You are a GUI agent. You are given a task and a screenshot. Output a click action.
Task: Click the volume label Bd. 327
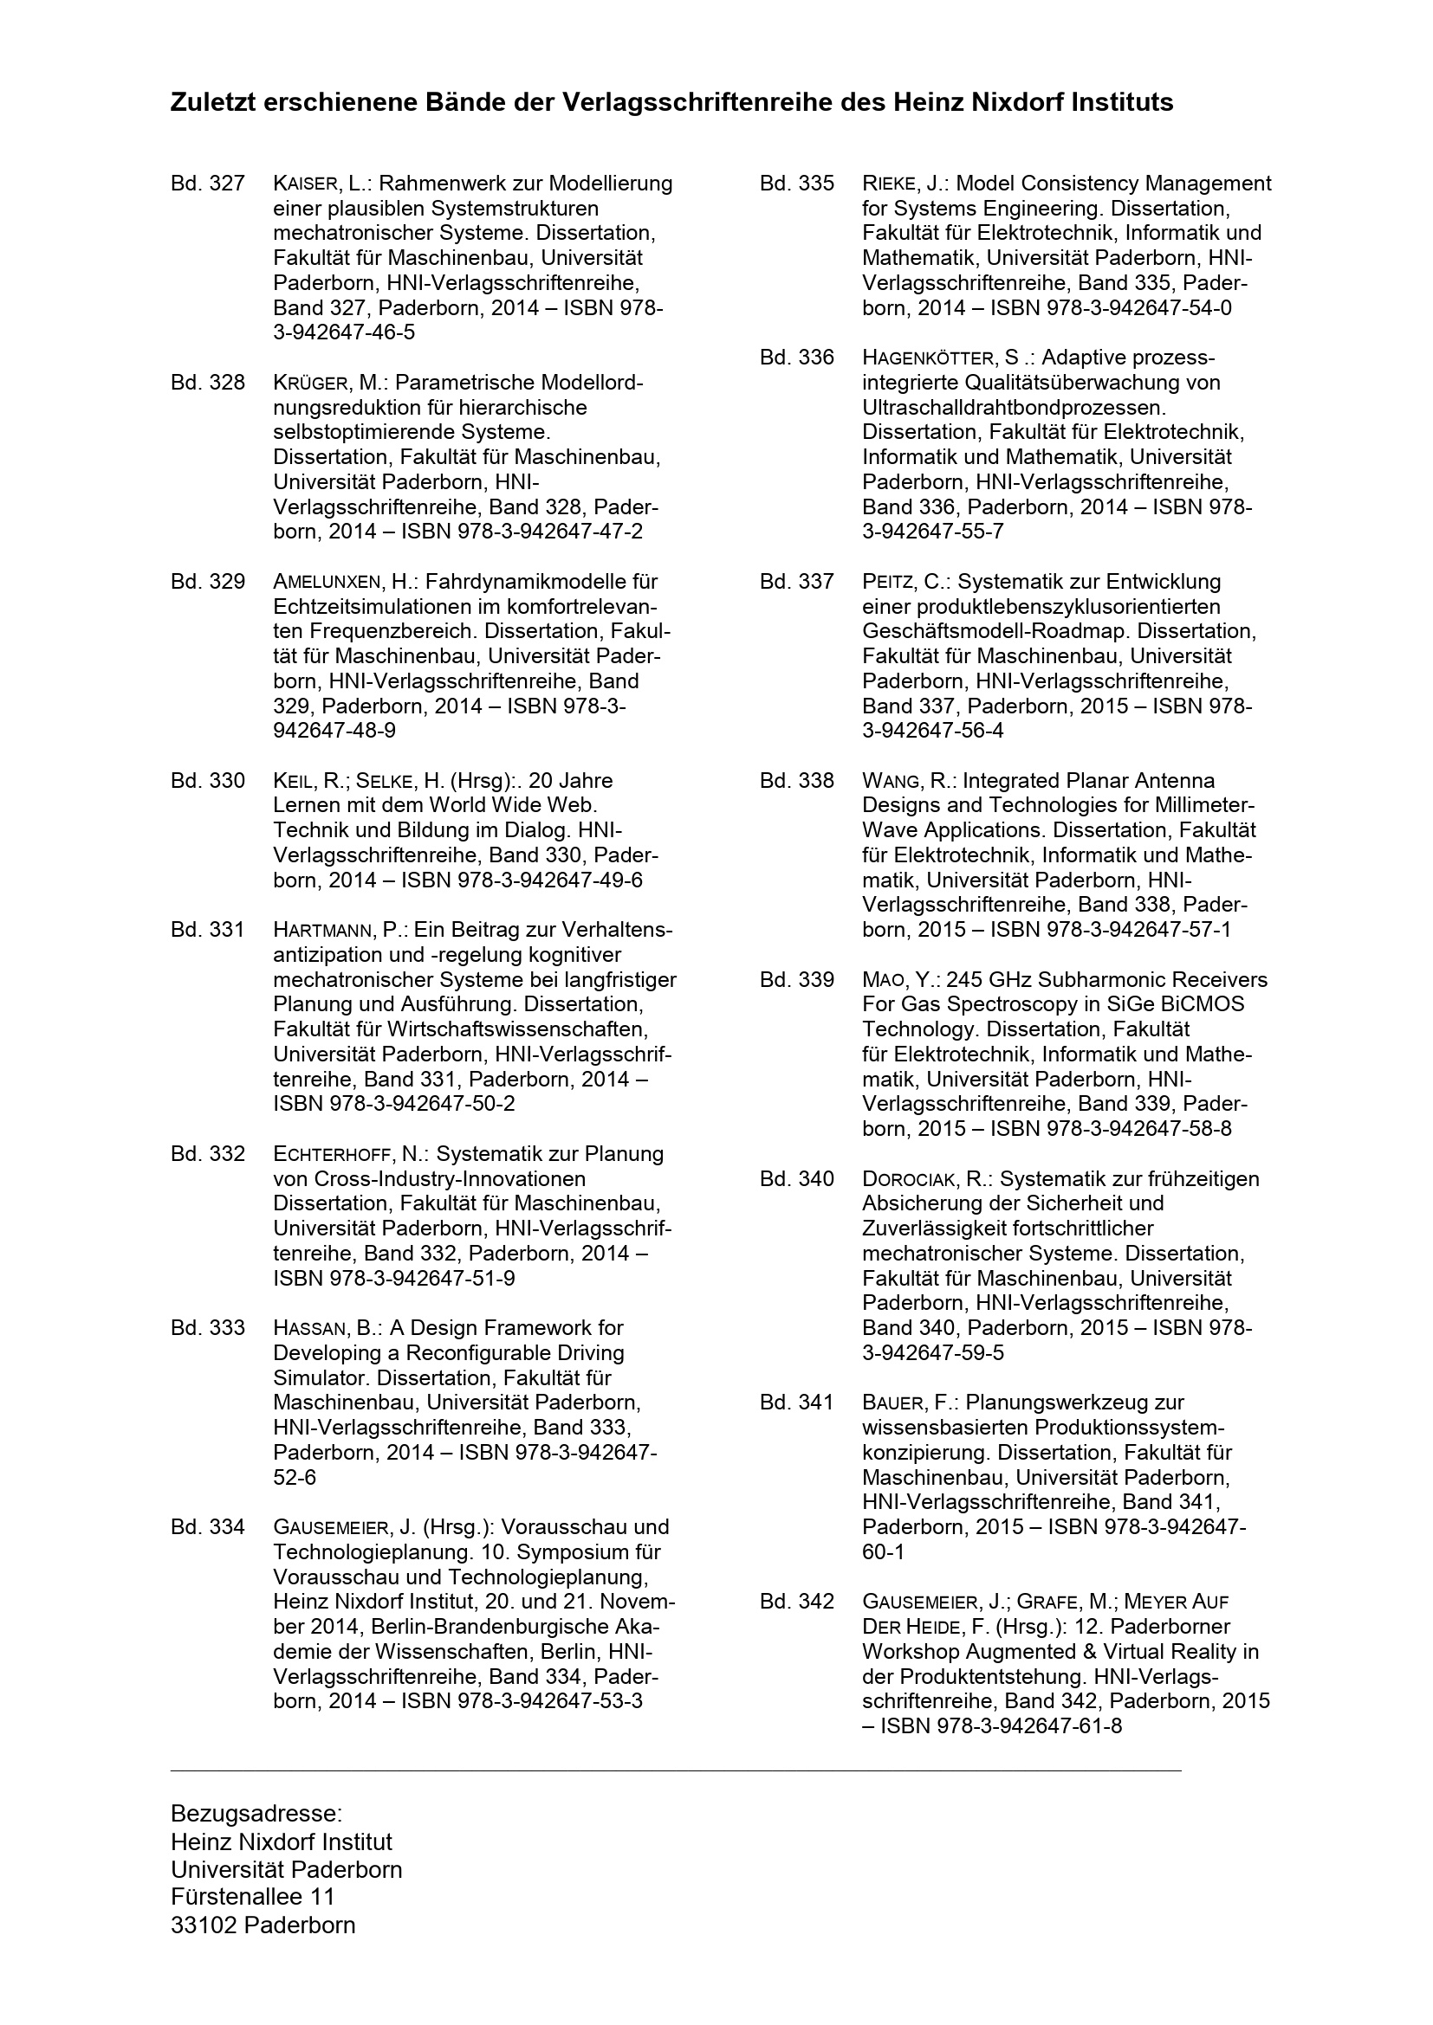pyautogui.click(x=207, y=184)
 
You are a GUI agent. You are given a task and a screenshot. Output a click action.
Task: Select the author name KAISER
pyautogui.click(x=305, y=184)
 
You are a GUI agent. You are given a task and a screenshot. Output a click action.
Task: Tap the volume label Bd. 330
pyautogui.click(x=207, y=781)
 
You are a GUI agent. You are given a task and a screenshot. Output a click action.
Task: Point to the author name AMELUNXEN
pyautogui.click(x=327, y=582)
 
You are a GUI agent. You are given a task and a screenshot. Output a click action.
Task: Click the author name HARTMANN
pyautogui.click(x=324, y=930)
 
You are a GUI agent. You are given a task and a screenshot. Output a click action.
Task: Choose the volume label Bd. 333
pyautogui.click(x=207, y=1327)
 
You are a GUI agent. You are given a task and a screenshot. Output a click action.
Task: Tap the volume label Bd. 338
pyautogui.click(x=796, y=781)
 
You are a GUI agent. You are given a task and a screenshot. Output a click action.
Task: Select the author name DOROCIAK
pyautogui.click(x=913, y=1179)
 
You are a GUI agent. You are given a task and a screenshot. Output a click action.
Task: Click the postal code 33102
pyautogui.click(x=204, y=1925)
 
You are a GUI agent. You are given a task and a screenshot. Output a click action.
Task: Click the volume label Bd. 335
pyautogui.click(x=796, y=184)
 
